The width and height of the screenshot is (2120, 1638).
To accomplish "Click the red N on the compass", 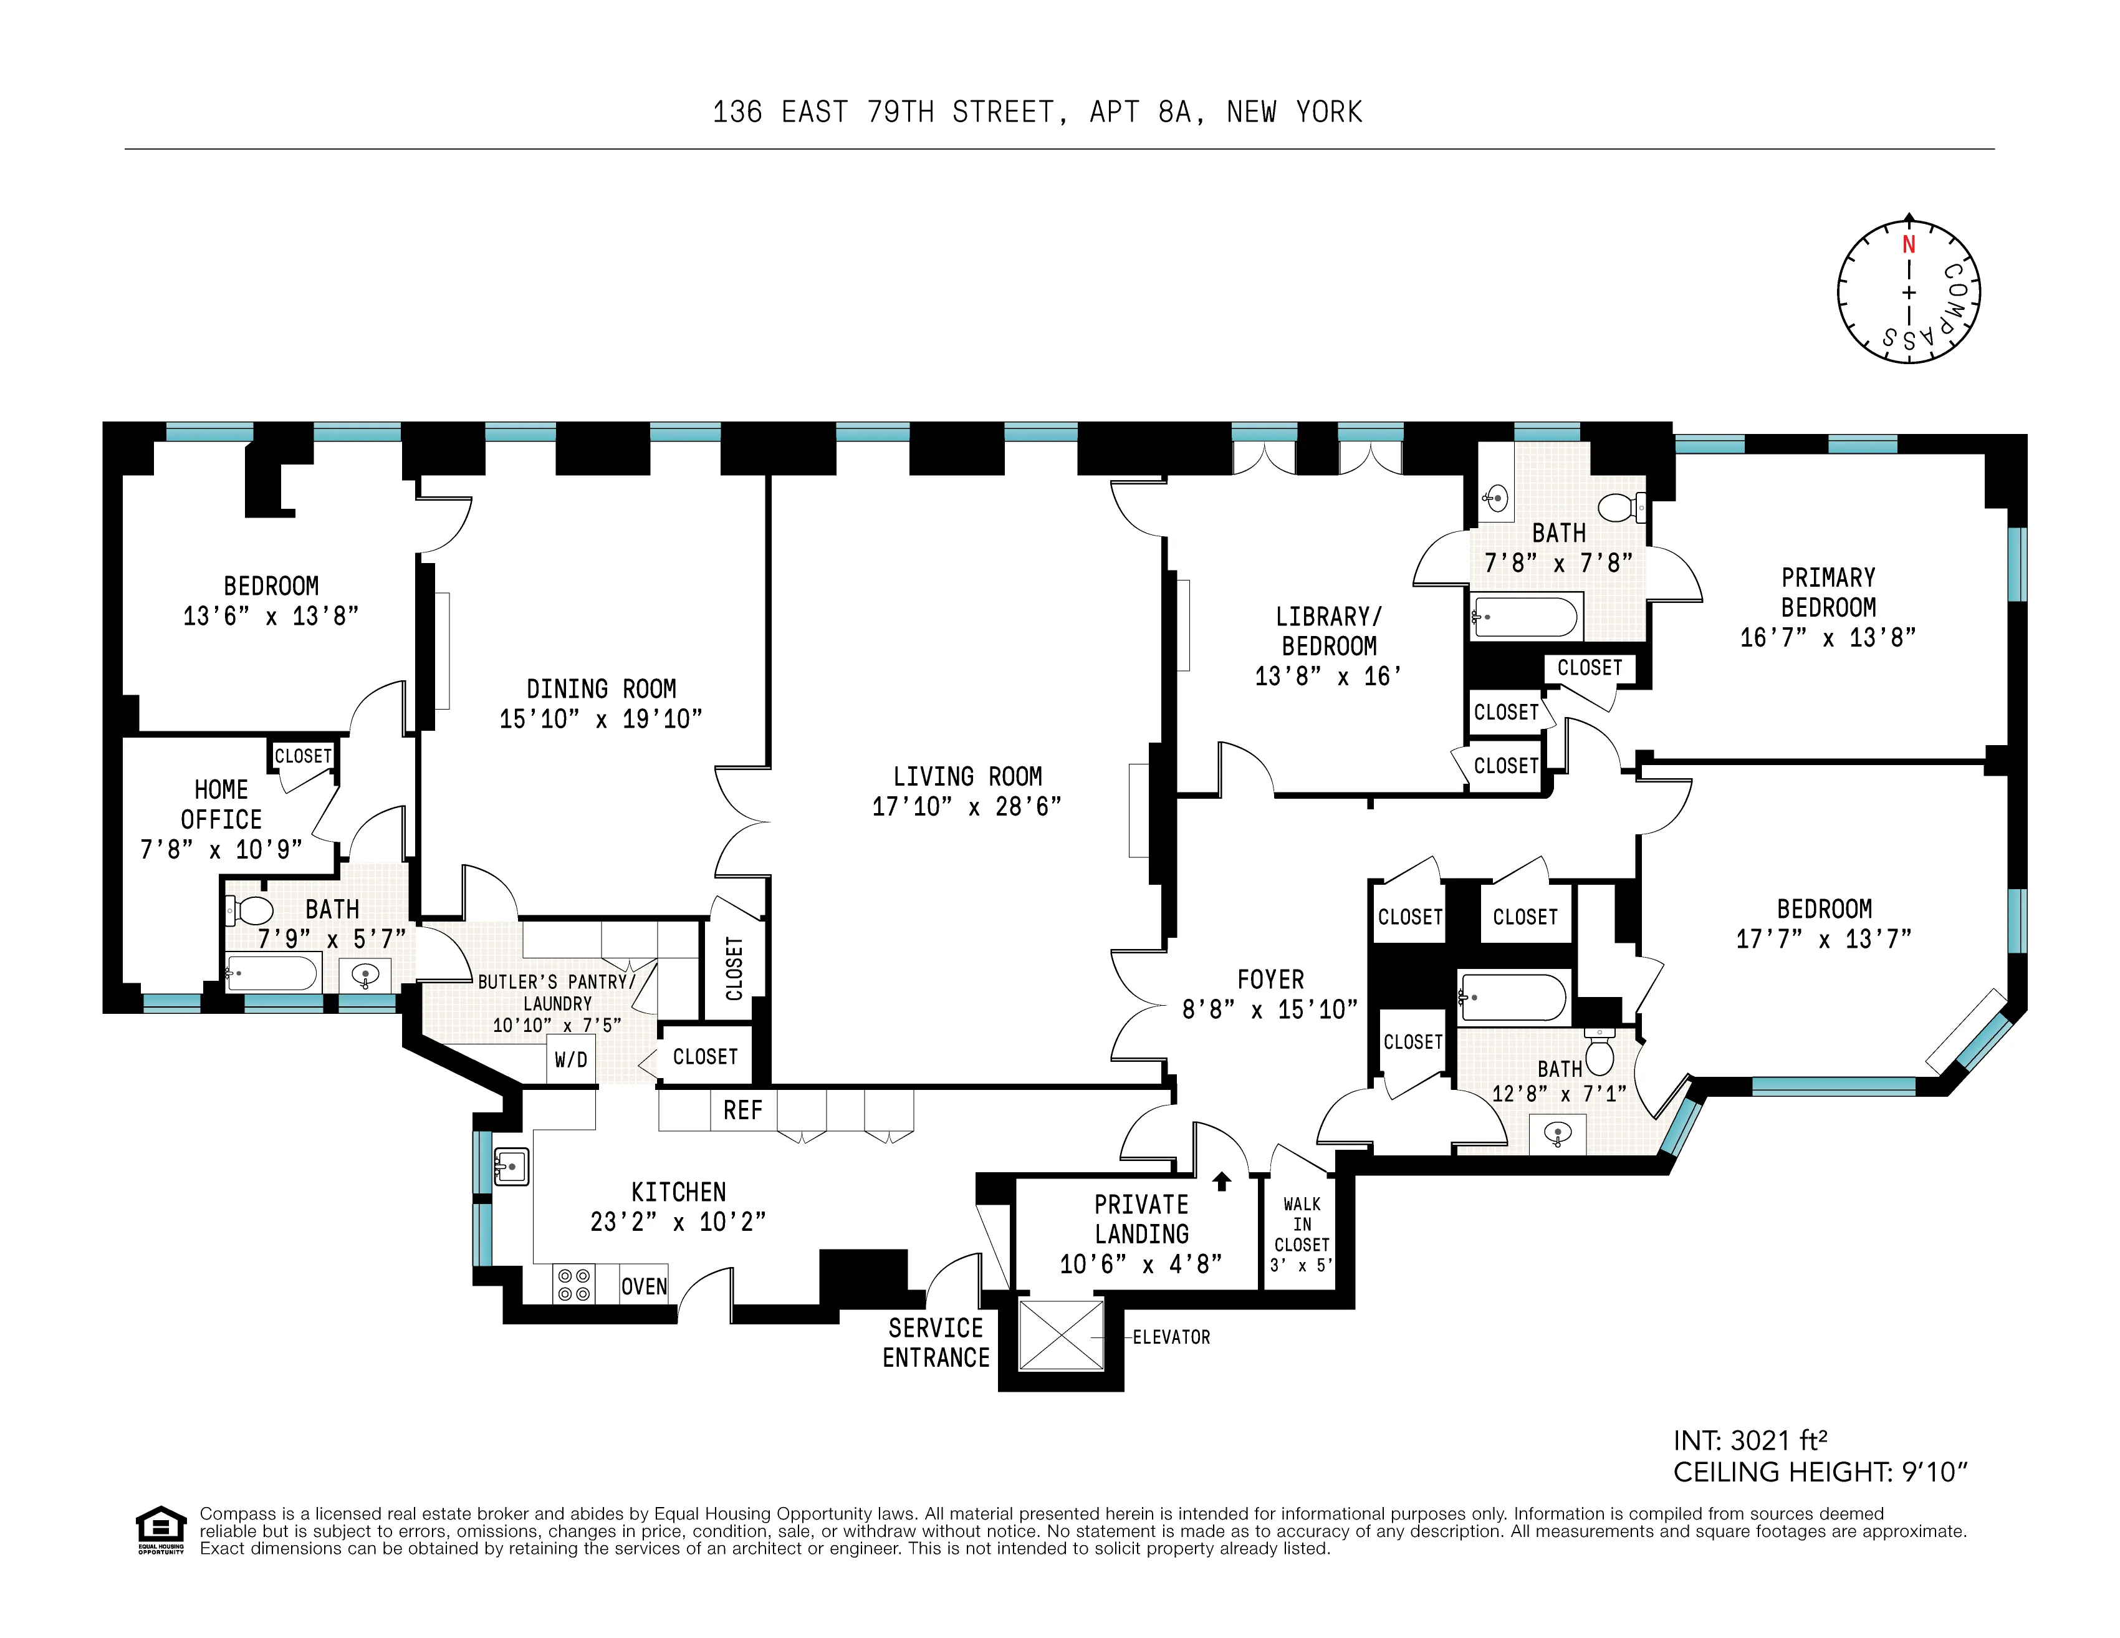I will (1909, 244).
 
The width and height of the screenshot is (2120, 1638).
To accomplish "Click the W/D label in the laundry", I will (571, 1059).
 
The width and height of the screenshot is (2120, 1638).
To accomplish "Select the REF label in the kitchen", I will (742, 1110).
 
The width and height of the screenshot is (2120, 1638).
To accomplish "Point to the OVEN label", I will (643, 1286).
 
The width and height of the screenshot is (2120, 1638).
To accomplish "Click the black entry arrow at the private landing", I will (1222, 1181).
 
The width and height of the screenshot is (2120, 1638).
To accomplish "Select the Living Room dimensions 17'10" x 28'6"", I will (967, 807).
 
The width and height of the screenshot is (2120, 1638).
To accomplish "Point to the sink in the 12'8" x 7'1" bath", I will (1557, 1133).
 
